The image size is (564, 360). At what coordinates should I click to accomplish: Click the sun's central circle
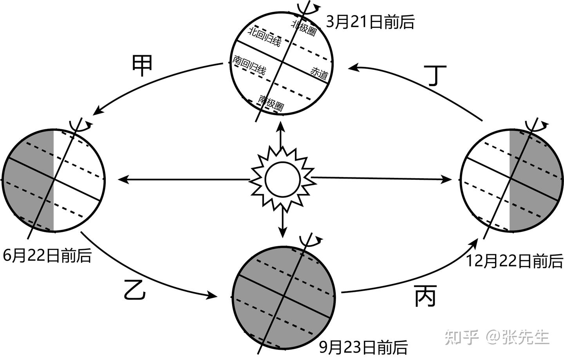tap(283, 179)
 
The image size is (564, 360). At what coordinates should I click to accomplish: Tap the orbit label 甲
tap(142, 66)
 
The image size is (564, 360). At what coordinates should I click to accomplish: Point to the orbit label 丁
tap(435, 75)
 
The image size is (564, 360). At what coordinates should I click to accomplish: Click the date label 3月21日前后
tap(370, 22)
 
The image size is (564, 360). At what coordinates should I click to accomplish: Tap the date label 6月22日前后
tap(47, 256)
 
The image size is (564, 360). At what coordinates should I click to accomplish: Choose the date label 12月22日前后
tap(515, 261)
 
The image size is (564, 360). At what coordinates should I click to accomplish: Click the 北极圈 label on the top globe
tap(304, 27)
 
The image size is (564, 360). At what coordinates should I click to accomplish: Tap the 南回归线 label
tap(249, 65)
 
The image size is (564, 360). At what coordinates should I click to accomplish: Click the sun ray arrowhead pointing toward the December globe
tap(446, 180)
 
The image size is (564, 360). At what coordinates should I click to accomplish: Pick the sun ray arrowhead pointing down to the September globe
tap(283, 232)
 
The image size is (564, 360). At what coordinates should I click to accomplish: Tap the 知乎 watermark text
tap(462, 337)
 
